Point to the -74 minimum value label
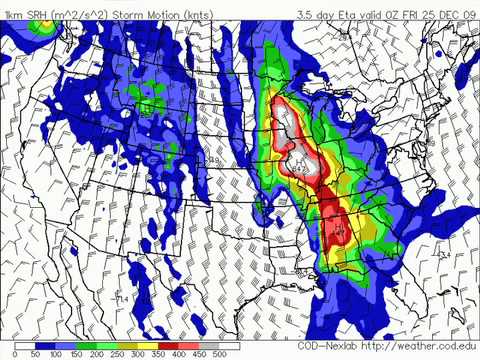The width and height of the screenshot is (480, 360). tap(121, 297)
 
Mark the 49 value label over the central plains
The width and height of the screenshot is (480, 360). tap(214, 159)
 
